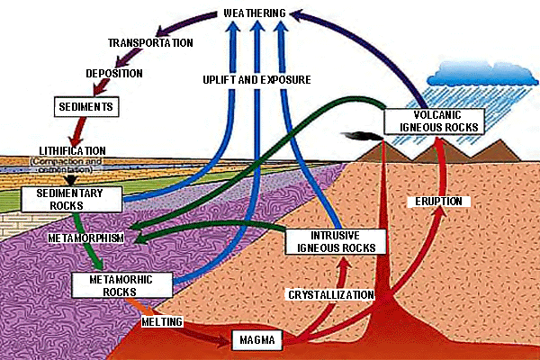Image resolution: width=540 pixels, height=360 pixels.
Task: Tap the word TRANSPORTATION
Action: click(x=150, y=42)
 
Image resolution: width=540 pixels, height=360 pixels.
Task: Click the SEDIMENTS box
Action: click(x=86, y=106)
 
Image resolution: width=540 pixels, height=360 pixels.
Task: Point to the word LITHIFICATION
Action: click(x=73, y=150)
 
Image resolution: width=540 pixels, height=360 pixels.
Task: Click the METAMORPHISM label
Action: click(x=87, y=238)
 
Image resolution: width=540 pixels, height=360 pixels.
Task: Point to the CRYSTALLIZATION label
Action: click(x=330, y=294)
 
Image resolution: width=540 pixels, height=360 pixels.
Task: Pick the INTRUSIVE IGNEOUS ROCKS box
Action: click(x=335, y=240)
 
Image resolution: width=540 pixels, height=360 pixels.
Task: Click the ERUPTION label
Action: click(x=436, y=201)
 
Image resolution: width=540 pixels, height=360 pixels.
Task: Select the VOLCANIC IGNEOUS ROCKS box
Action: click(x=435, y=121)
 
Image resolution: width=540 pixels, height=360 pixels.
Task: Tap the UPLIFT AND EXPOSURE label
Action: click(x=257, y=80)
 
